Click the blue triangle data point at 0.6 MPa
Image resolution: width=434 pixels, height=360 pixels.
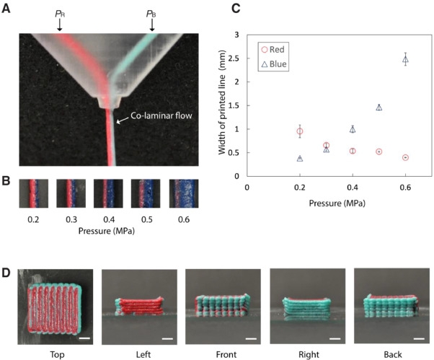point(405,60)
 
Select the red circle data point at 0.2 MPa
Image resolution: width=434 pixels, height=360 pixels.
point(300,131)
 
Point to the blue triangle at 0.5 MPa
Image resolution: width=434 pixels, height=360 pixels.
point(379,107)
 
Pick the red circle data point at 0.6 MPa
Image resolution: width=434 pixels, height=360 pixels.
point(405,157)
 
